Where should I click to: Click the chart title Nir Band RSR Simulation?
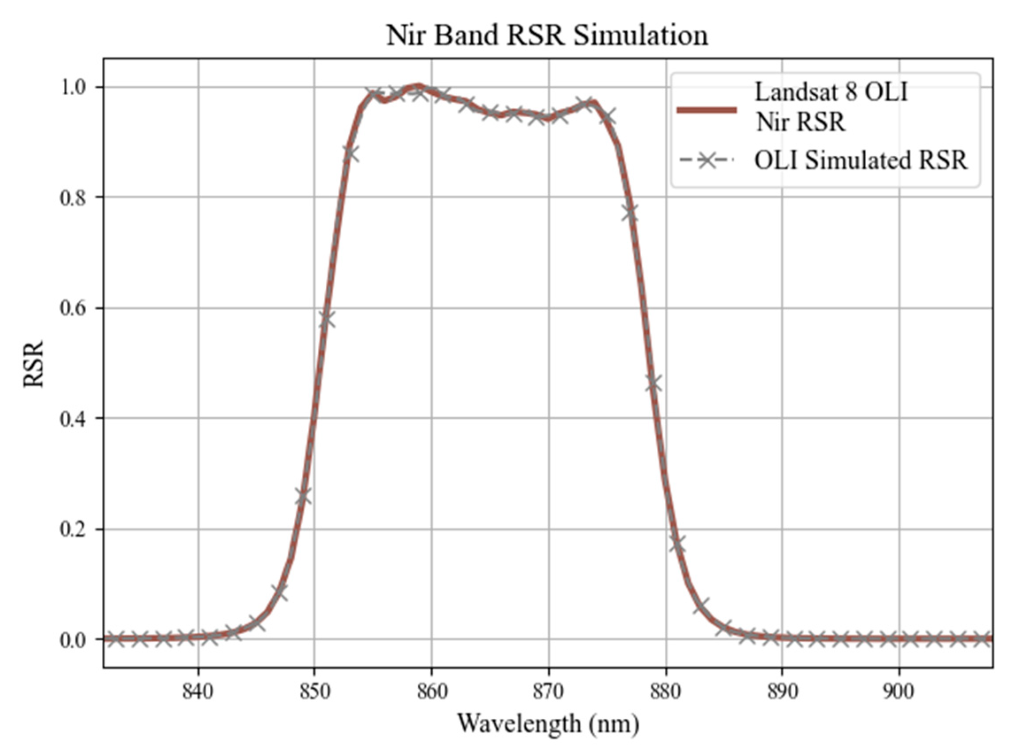(547, 35)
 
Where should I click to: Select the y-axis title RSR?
(33, 364)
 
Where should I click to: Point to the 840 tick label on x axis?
(198, 692)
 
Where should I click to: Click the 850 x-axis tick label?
(314, 692)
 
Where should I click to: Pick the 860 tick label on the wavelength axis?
(431, 692)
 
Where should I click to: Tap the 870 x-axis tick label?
(548, 692)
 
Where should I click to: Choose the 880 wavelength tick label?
(666, 692)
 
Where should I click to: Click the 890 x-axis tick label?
(782, 692)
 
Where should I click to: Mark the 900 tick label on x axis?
(899, 692)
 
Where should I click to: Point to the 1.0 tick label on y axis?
(73, 87)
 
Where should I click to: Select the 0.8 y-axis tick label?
(73, 197)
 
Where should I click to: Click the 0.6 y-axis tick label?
(73, 308)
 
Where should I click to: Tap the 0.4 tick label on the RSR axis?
(73, 418)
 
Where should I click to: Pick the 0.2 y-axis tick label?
(73, 529)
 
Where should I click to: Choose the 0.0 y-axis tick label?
(73, 639)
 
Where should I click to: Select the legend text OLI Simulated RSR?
(860, 160)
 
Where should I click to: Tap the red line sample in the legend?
(707, 109)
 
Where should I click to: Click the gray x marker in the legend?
(707, 160)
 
